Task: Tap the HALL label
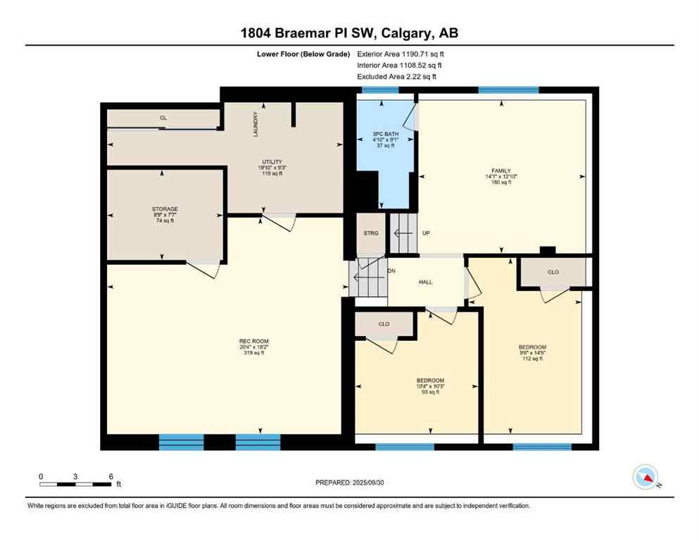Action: coord(425,282)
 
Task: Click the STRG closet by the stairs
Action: coord(371,233)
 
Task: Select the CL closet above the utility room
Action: coord(163,118)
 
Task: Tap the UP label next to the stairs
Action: coord(426,233)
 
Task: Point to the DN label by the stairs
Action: coord(391,271)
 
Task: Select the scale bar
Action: coord(76,484)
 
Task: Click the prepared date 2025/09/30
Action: coord(350,483)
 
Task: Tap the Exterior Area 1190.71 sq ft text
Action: coord(401,54)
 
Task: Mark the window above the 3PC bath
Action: coord(380,90)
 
